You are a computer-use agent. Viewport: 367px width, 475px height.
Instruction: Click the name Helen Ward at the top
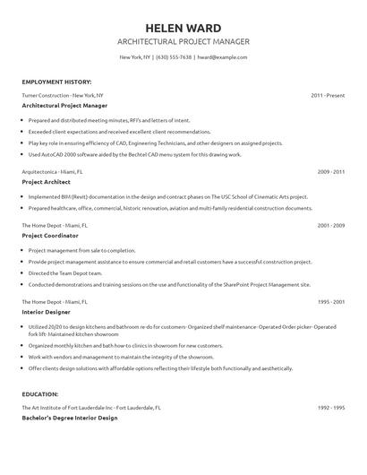tap(183, 27)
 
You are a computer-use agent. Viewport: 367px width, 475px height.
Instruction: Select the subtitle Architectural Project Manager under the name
tap(183, 42)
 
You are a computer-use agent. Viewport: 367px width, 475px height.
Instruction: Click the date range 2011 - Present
tap(328, 94)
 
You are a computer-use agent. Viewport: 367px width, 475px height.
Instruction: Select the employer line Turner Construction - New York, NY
tap(63, 94)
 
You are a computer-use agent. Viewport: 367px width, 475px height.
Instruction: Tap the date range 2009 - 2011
tap(331, 170)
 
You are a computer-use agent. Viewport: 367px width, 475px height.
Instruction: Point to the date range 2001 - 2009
tap(331, 225)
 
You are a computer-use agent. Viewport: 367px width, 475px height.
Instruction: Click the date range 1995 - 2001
tap(331, 303)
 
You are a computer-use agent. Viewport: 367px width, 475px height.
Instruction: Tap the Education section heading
tap(40, 393)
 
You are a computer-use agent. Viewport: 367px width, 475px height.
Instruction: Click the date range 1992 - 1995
tap(331, 407)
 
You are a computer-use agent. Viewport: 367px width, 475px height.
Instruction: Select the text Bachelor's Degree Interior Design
tap(72, 418)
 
